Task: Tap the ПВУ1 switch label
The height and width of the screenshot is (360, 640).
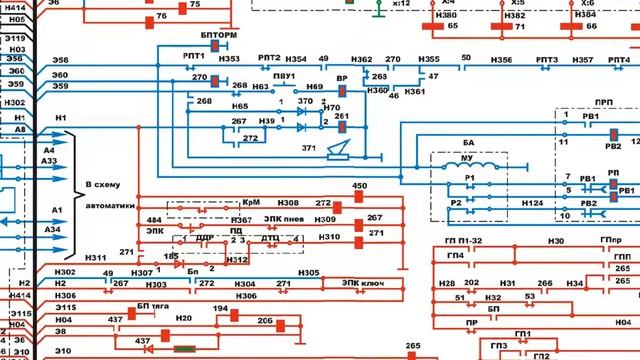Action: tap(283, 76)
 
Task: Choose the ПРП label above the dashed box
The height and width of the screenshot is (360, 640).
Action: tap(603, 102)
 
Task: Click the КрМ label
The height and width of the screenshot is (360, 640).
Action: tap(252, 203)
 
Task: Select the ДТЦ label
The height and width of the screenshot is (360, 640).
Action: tap(270, 239)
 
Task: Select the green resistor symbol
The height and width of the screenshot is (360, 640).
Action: tap(184, 349)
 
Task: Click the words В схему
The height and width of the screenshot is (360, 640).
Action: tap(103, 185)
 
